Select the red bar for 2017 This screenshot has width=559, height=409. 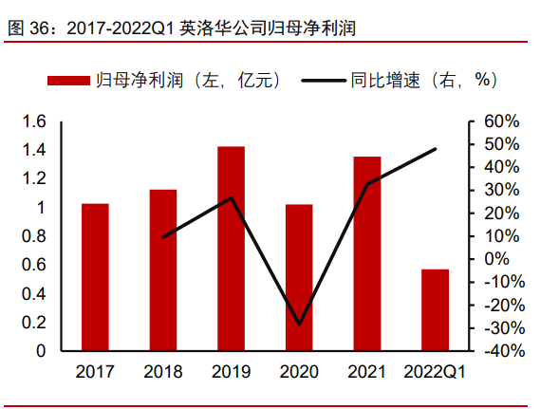pos(95,277)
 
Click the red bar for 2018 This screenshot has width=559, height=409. pos(163,270)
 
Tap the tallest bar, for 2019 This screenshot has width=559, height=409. pos(231,249)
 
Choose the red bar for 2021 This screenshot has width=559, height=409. pos(367,253)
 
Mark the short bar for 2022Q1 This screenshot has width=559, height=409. pos(435,310)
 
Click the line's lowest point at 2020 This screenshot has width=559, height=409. pos(299,325)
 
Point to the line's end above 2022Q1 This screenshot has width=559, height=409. pos(436,149)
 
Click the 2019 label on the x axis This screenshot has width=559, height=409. pos(231,373)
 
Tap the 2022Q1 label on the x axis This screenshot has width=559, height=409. pos(435,373)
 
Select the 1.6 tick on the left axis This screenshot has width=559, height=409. pos(34,121)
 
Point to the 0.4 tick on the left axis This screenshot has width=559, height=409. pos(34,293)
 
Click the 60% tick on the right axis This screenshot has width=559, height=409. pos(501,121)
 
